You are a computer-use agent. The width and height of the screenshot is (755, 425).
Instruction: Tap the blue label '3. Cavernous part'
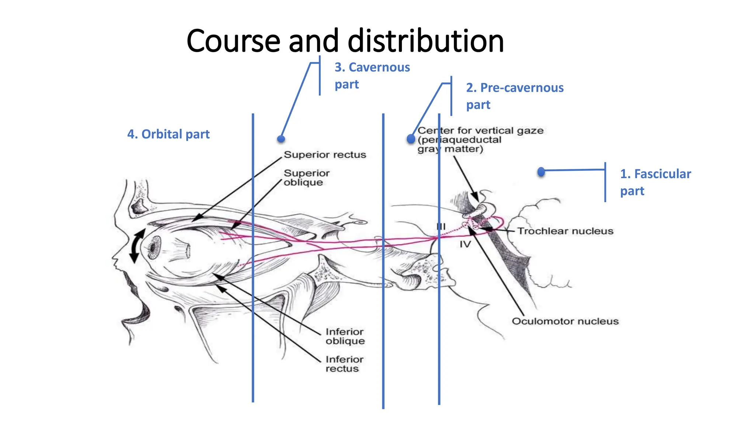pyautogui.click(x=372, y=76)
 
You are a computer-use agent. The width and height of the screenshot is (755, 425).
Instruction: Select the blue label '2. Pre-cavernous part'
pyautogui.click(x=515, y=96)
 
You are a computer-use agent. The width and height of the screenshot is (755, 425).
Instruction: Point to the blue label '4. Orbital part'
pyautogui.click(x=168, y=134)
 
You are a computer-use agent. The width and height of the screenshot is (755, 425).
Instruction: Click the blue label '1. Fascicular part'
pyautogui.click(x=655, y=182)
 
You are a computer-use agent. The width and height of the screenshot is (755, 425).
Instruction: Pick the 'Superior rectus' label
pyautogui.click(x=325, y=155)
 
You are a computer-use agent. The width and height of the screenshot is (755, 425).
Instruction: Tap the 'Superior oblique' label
pyautogui.click(x=306, y=177)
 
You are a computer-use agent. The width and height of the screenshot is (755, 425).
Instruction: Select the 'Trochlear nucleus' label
pyautogui.click(x=565, y=231)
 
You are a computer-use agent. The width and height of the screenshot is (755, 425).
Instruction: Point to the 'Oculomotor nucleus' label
pyautogui.click(x=565, y=321)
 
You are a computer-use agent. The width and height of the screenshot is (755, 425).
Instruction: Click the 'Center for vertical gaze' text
pyautogui.click(x=480, y=131)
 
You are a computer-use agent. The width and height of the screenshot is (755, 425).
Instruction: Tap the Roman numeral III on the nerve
pyautogui.click(x=441, y=226)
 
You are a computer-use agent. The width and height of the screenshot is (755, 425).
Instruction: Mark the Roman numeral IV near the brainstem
pyautogui.click(x=465, y=244)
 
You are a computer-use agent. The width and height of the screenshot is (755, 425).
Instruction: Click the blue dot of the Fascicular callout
pyautogui.click(x=541, y=172)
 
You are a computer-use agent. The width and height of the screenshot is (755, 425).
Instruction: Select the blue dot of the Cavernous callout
pyautogui.click(x=281, y=139)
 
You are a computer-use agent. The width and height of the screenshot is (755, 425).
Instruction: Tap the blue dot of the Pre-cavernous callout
pyautogui.click(x=411, y=139)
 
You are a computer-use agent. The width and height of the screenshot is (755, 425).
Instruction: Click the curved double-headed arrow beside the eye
pyautogui.click(x=136, y=245)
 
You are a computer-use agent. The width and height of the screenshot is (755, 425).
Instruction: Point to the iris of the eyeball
pyautogui.click(x=154, y=246)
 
